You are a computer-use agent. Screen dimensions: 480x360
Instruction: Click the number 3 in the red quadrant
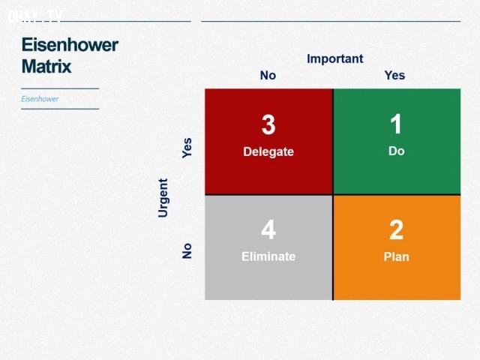[x=268, y=125]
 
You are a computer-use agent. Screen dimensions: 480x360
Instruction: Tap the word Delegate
[x=268, y=151]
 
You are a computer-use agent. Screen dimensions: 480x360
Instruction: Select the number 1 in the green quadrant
[x=396, y=124]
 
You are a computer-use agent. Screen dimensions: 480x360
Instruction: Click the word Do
[x=397, y=151]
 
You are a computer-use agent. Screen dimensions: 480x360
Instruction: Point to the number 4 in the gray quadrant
[x=268, y=229]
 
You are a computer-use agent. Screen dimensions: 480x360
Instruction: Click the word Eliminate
[x=268, y=256]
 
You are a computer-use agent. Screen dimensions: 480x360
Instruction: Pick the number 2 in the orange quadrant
[x=397, y=230]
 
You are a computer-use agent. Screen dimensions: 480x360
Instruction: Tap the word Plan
[x=397, y=256]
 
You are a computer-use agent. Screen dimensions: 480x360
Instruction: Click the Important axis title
[x=335, y=58]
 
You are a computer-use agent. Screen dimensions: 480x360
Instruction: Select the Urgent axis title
[x=163, y=198]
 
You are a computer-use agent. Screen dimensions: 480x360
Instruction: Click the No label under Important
[x=268, y=75]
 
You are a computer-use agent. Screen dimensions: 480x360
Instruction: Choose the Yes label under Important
[x=394, y=75]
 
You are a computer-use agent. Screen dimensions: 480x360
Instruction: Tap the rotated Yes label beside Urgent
[x=187, y=148]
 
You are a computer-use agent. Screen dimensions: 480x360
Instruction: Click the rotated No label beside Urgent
[x=187, y=251]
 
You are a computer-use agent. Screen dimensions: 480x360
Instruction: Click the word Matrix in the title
[x=46, y=66]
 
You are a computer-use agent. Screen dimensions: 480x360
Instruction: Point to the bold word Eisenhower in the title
[x=70, y=45]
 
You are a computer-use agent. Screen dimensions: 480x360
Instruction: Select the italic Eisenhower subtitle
[x=40, y=99]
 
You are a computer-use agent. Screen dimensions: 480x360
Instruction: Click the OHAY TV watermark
[x=35, y=16]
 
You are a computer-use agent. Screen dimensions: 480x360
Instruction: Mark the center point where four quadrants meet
[x=333, y=195]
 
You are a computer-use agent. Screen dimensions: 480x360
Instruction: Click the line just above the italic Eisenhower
[x=60, y=88]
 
